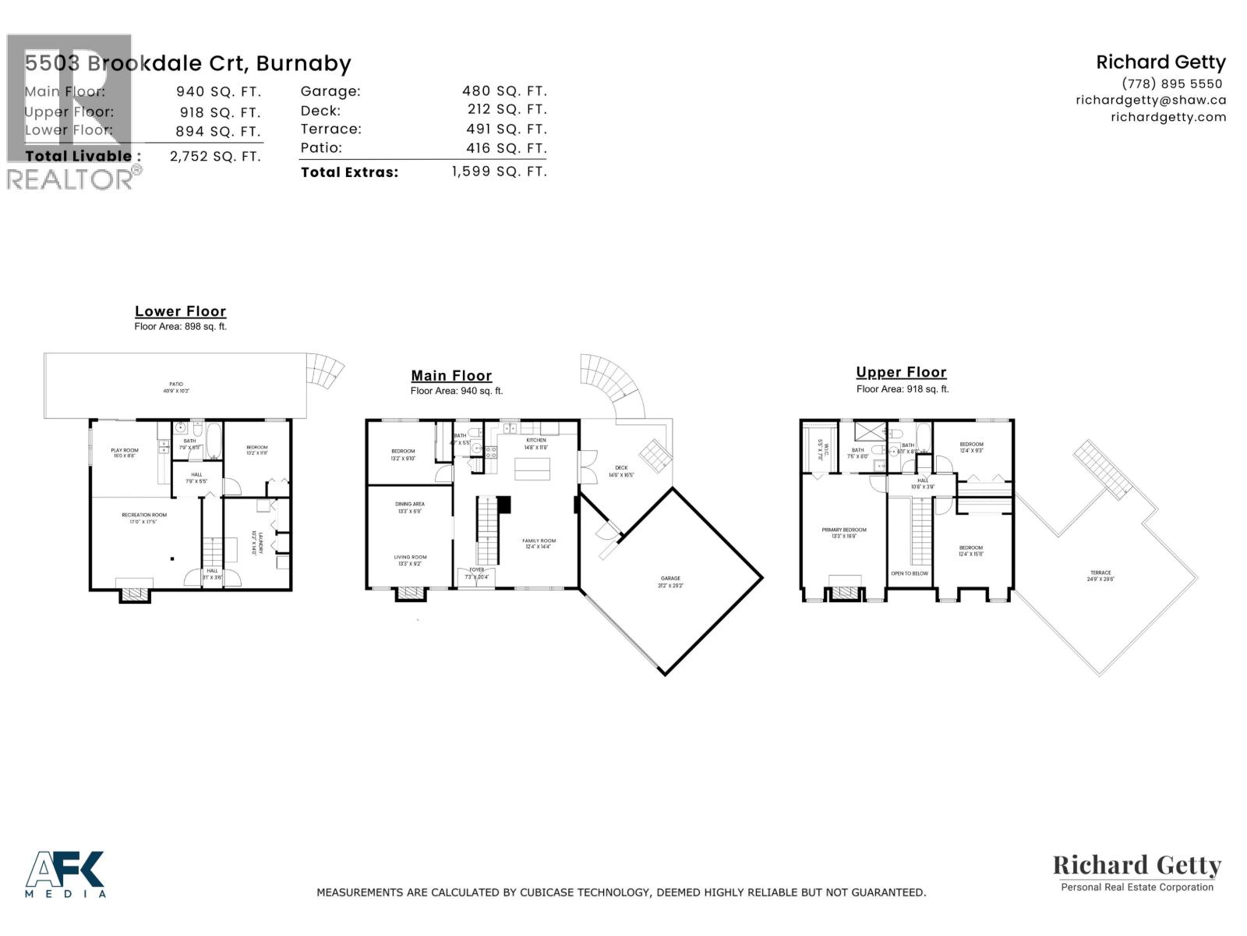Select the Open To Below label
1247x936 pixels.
(910, 573)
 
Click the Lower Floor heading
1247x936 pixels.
(180, 311)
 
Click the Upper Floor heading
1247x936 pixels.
(901, 372)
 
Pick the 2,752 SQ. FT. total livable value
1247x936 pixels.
(215, 156)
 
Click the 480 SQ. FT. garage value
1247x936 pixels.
(504, 91)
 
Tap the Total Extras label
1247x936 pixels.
(349, 172)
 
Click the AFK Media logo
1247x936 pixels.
(65, 874)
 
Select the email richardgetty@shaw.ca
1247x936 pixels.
(1150, 100)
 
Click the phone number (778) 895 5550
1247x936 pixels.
(1171, 83)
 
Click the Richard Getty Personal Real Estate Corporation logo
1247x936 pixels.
(1137, 871)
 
